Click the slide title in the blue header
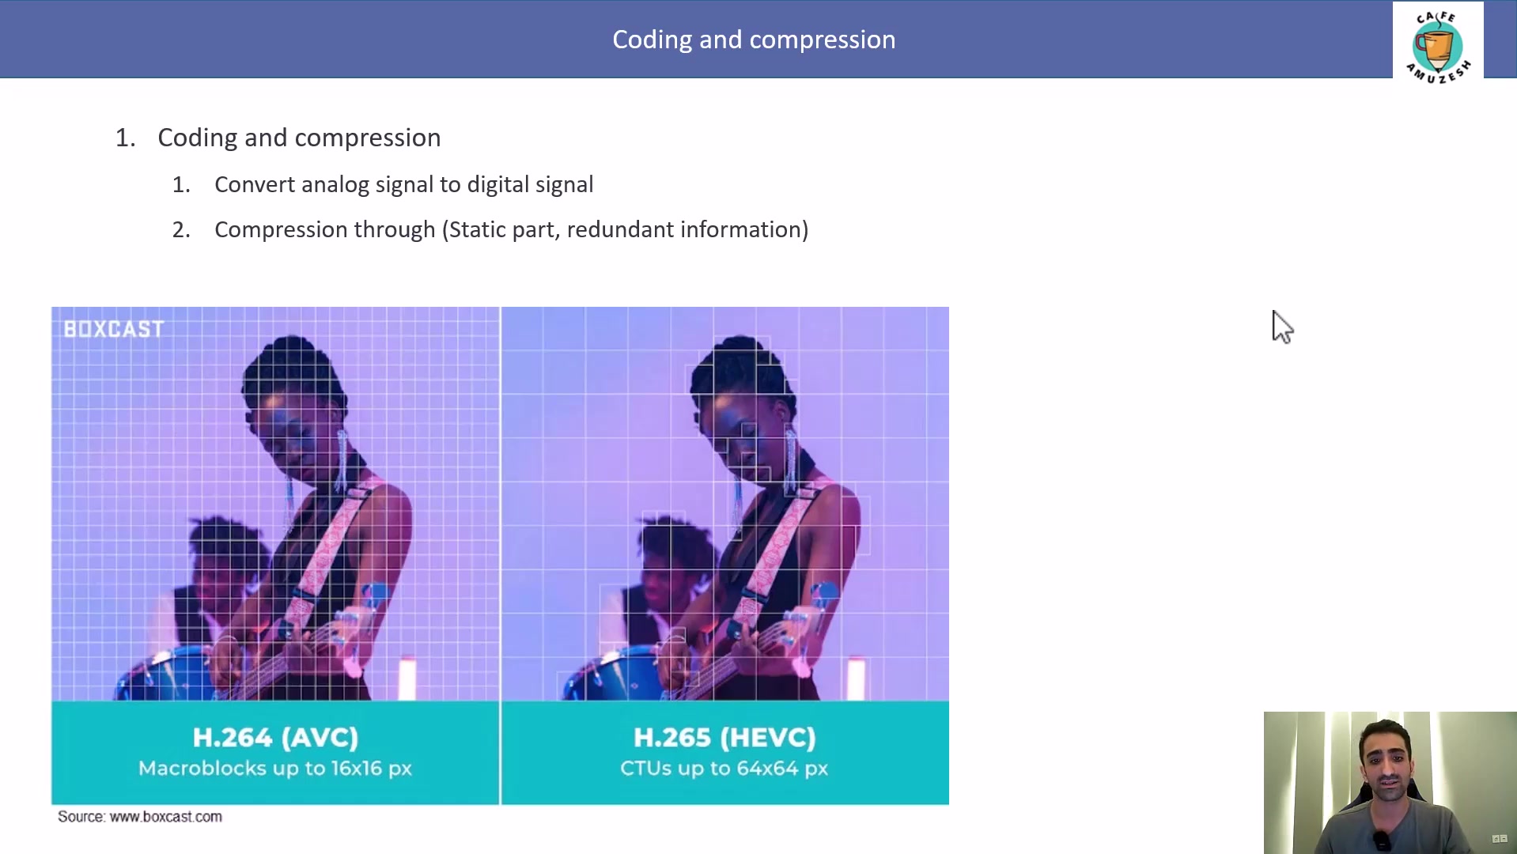754,40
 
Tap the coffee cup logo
1437,46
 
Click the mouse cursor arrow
1281,327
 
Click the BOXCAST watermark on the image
114,329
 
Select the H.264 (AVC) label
275,738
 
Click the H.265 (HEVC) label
724,738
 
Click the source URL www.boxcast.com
166,817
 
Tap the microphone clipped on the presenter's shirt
1381,841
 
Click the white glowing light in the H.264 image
407,678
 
